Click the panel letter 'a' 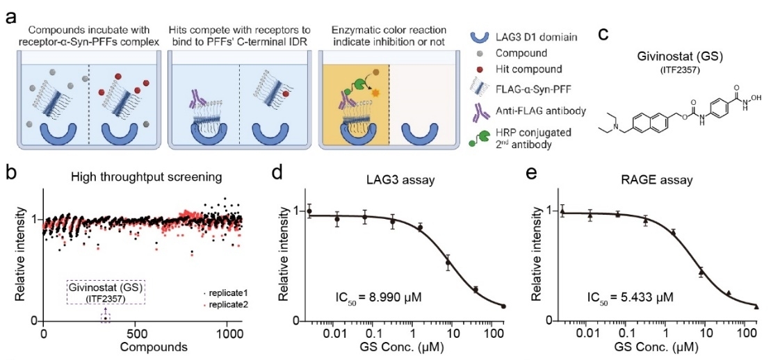[9, 14]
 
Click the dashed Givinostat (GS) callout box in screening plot [106, 293]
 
